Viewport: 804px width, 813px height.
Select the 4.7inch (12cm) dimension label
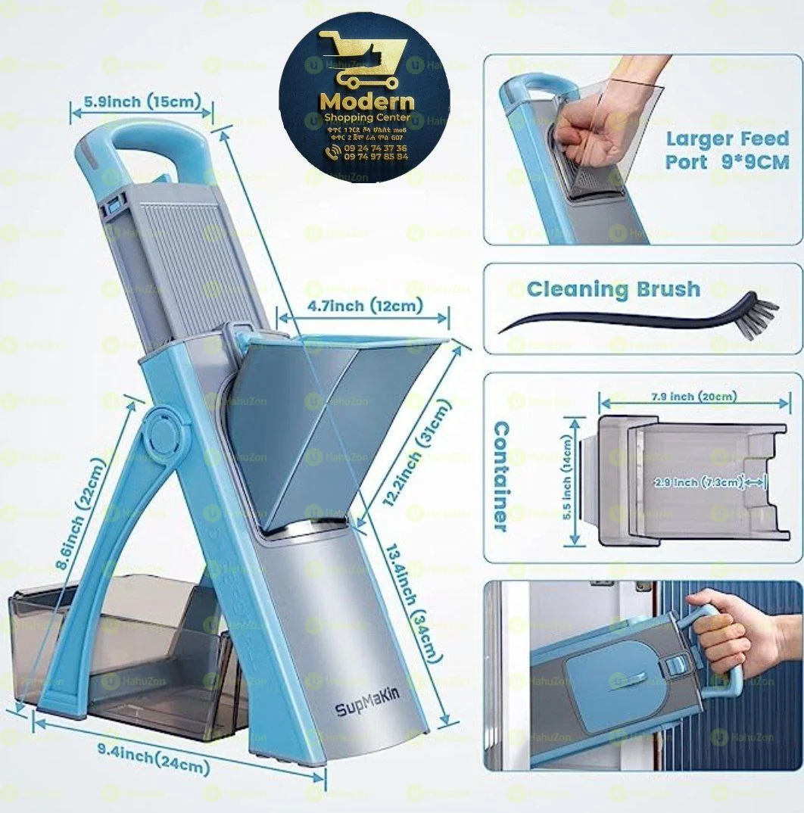click(365, 306)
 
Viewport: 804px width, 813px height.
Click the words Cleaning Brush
click(613, 288)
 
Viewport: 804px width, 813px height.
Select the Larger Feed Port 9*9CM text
click(727, 150)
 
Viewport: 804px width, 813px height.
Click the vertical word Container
click(501, 476)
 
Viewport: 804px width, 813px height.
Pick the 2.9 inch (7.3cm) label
click(696, 482)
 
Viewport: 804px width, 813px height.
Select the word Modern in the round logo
click(367, 101)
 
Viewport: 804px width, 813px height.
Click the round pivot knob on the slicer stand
click(163, 431)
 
